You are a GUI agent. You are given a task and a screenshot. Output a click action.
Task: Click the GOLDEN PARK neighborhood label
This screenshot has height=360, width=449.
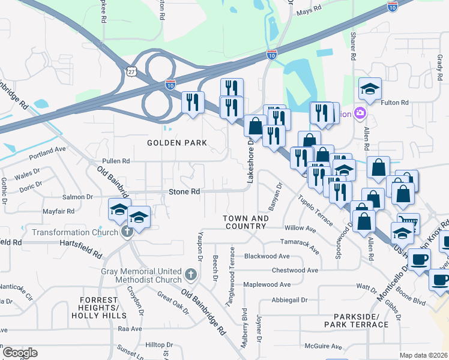[177, 143]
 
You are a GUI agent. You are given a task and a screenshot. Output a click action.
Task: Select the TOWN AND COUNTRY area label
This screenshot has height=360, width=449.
[245, 222]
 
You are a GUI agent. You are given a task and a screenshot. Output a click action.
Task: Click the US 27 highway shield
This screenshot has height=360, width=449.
[131, 71]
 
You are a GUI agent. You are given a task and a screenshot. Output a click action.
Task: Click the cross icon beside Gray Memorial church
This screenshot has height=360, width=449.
[190, 275]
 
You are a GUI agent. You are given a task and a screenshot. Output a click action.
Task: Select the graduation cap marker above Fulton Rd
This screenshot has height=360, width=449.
[370, 89]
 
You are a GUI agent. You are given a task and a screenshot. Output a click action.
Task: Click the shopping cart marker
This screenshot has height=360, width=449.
[408, 223]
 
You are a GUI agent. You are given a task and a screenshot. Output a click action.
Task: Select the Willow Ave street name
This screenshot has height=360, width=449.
[300, 229]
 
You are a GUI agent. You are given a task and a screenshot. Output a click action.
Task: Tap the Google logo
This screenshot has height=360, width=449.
[20, 352]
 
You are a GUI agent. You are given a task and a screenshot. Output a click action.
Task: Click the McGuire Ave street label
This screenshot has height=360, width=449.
[323, 346]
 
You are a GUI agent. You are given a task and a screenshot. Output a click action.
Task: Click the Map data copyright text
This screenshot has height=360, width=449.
[423, 355]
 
